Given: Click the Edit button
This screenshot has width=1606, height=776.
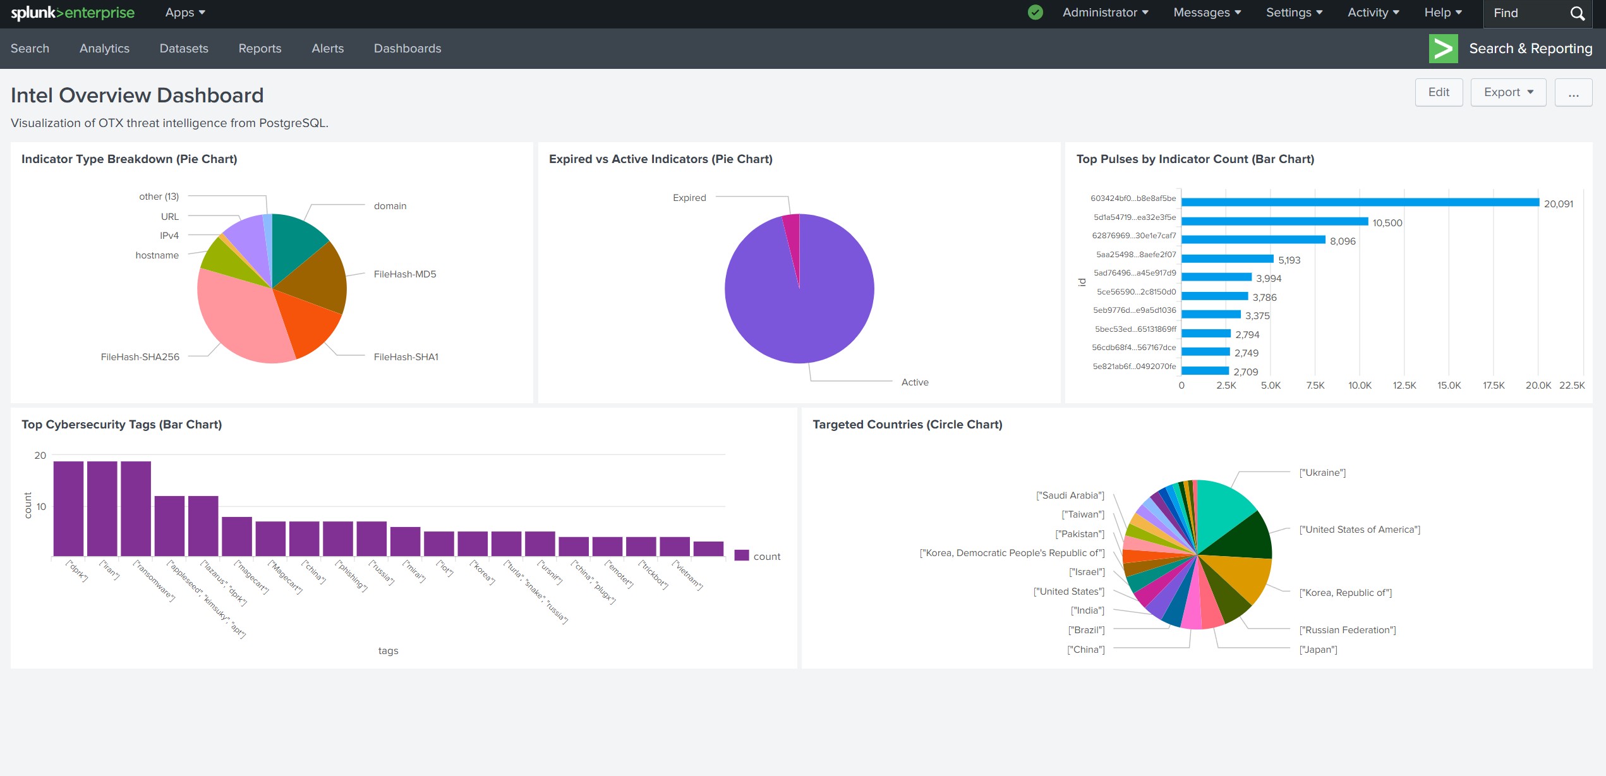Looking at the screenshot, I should point(1438,92).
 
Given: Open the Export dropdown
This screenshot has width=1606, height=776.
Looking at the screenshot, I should point(1507,92).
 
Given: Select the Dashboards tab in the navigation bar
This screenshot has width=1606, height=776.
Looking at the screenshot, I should point(407,49).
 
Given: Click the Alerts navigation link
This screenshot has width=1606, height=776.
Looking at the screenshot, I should point(327,49).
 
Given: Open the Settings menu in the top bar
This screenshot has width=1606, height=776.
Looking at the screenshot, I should point(1293,13).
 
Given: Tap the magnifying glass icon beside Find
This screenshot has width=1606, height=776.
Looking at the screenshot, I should point(1577,13).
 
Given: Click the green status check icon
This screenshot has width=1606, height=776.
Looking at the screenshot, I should point(1035,13).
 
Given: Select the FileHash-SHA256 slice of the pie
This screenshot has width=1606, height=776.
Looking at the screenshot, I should point(240,316).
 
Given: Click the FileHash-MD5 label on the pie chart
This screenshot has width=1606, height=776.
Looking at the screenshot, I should point(404,274).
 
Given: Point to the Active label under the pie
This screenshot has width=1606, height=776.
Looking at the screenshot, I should point(914,382).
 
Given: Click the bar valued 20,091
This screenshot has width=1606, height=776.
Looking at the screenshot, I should point(1358,202).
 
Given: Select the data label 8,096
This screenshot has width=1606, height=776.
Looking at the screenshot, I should point(1342,241).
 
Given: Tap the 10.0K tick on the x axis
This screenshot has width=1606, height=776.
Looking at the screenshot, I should point(1360,385).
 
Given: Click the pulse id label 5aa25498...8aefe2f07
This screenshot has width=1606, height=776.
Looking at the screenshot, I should point(1135,255).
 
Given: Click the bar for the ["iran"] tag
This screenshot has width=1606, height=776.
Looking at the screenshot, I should point(102,509).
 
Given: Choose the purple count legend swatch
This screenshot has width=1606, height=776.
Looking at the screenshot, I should point(741,556).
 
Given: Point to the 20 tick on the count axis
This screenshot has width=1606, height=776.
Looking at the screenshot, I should point(40,456).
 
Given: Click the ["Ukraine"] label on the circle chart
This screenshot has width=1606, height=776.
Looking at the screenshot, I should point(1322,473).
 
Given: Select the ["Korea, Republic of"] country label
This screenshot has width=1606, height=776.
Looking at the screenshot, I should point(1345,593).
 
